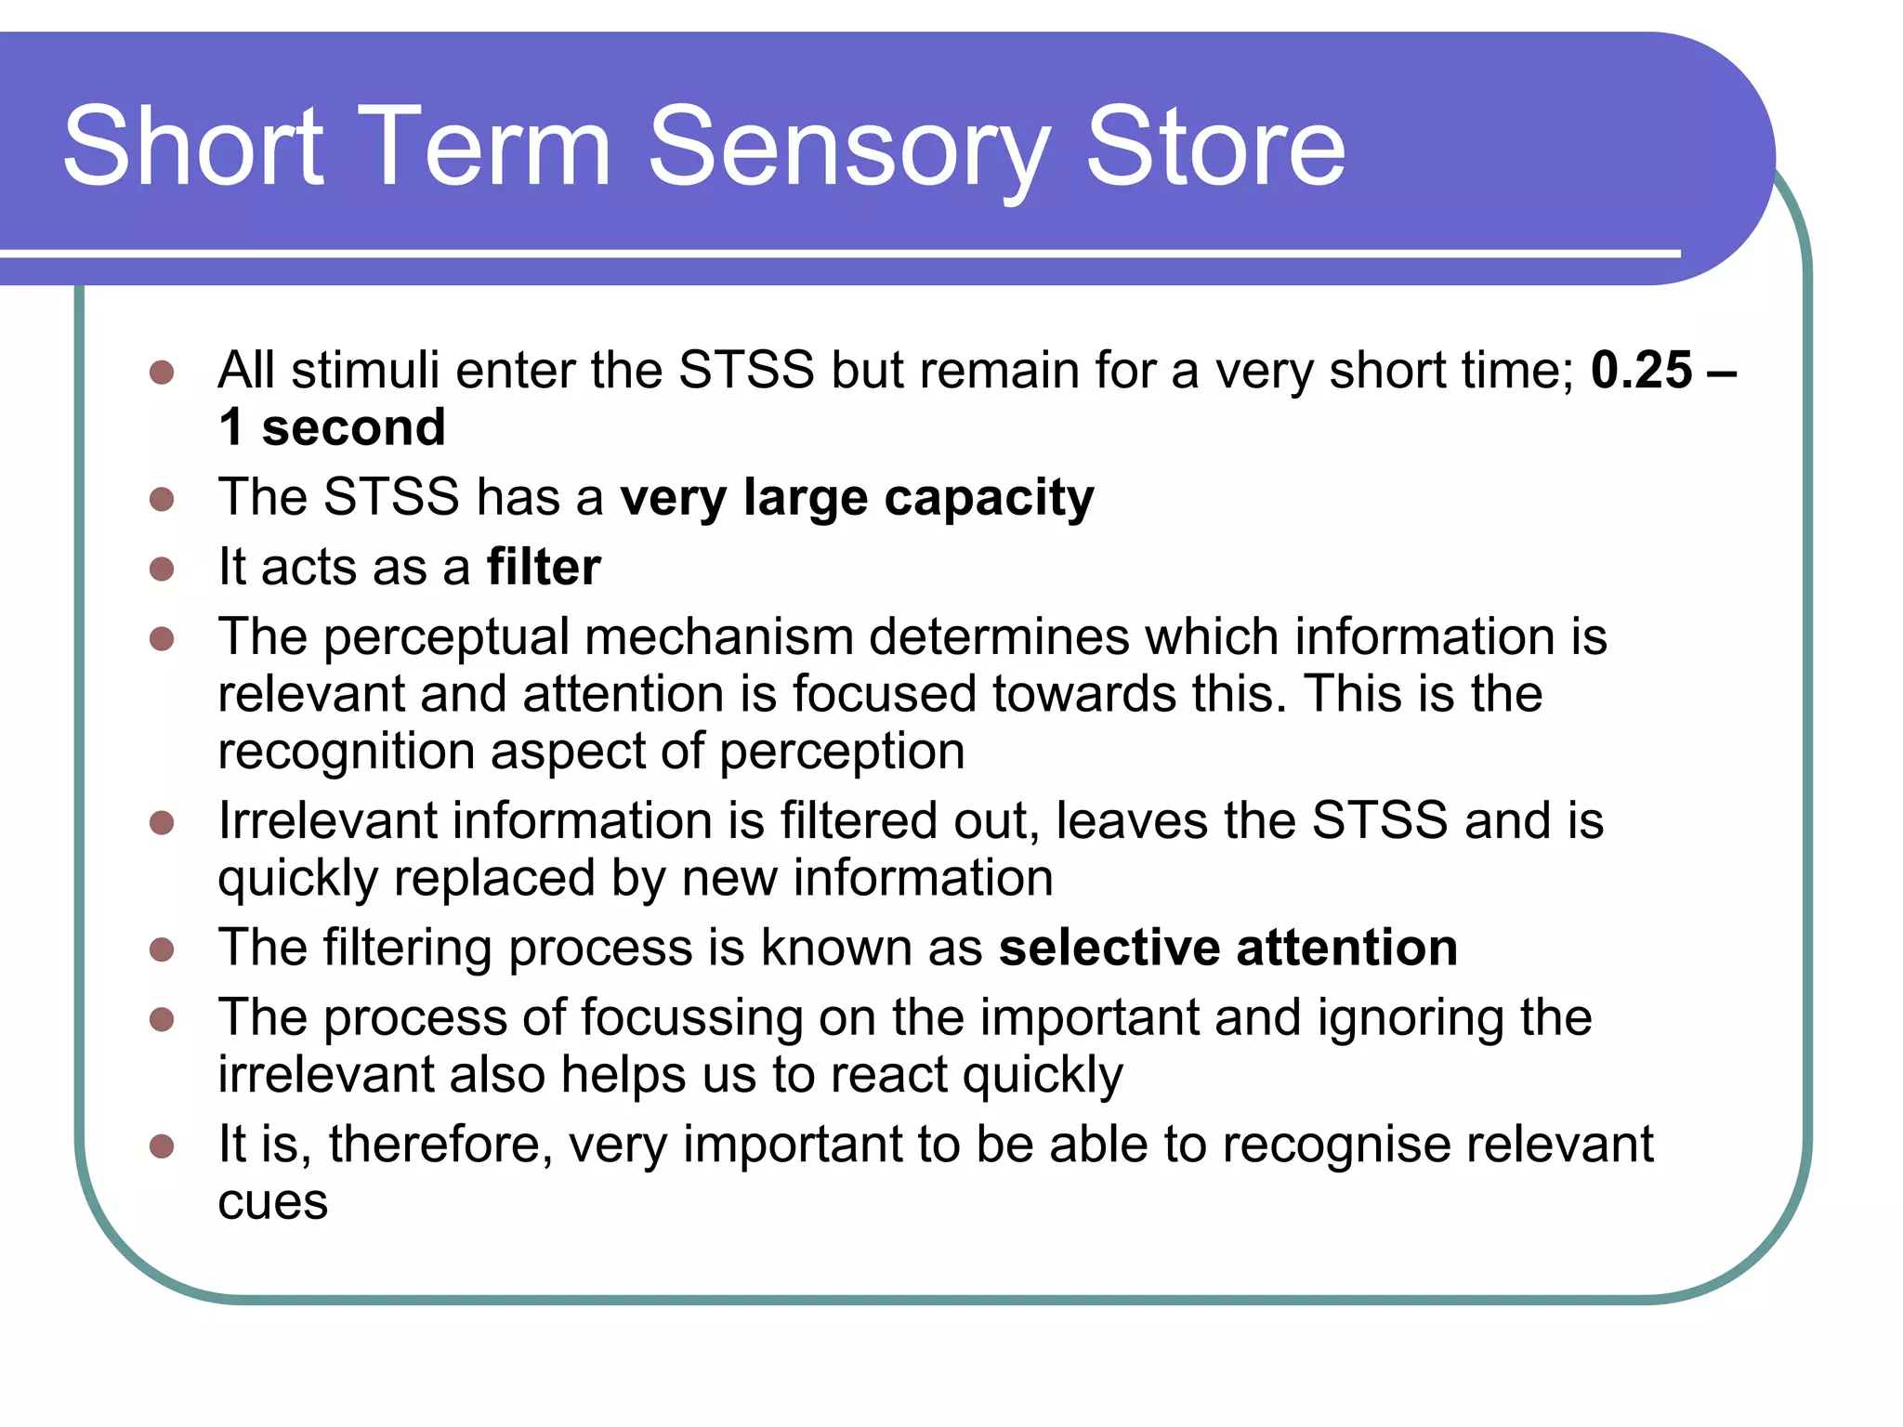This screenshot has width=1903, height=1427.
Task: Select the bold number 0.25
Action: click(1641, 370)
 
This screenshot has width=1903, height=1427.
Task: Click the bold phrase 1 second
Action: click(332, 427)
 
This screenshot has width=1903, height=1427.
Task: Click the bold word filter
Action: click(544, 567)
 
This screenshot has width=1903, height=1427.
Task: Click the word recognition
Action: click(346, 751)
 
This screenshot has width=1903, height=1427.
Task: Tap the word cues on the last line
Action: click(272, 1202)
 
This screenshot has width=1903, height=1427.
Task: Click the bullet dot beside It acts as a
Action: click(162, 569)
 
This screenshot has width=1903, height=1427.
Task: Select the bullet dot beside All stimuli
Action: click(162, 373)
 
